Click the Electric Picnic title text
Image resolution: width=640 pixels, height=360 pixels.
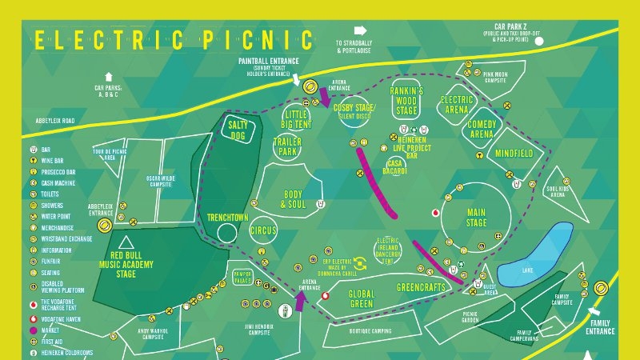(173, 38)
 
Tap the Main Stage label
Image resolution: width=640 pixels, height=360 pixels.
(477, 218)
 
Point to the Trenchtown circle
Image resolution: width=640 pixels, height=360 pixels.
(227, 233)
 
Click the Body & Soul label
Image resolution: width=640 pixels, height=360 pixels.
(294, 199)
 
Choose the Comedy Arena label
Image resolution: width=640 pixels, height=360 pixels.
(483, 130)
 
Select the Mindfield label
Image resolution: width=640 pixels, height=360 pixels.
(514, 153)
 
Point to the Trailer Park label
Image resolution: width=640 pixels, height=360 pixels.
(286, 146)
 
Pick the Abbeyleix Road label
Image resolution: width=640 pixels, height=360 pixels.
(55, 121)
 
